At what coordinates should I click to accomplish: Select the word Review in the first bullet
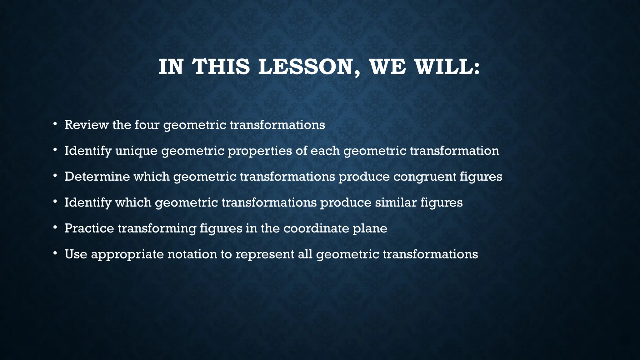(87, 125)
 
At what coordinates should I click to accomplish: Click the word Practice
(89, 228)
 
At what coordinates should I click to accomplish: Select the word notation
(192, 254)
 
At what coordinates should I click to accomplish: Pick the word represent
(264, 255)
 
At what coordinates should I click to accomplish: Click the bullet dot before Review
(55, 124)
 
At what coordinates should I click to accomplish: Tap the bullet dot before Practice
(55, 228)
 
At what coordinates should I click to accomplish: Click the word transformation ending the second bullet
(454, 151)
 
